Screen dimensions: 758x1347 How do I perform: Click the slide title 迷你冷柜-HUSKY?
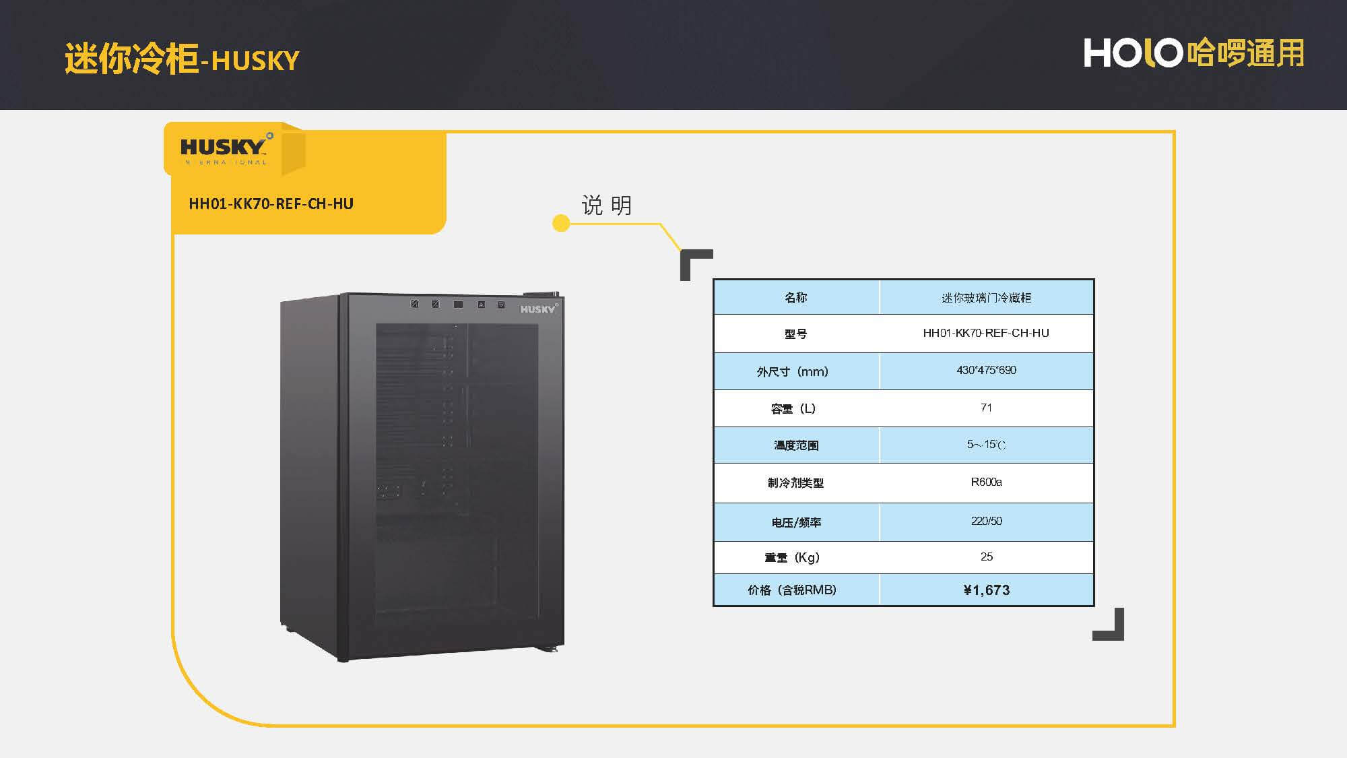tap(182, 59)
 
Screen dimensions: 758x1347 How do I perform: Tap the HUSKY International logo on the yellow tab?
tap(225, 150)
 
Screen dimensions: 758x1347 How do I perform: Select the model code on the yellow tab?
tap(271, 203)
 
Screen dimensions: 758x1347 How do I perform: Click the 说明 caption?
tap(606, 205)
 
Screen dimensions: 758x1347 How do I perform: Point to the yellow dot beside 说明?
tap(560, 223)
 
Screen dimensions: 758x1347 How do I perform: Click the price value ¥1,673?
tap(986, 590)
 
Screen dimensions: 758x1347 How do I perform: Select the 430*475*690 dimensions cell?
tap(986, 370)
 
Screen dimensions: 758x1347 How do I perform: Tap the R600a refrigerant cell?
tap(986, 482)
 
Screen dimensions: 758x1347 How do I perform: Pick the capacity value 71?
tap(986, 408)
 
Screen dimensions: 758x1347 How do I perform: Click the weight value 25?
tap(986, 557)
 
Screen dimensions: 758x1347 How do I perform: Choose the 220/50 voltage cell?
tap(986, 521)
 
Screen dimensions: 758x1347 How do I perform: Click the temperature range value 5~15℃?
tap(986, 445)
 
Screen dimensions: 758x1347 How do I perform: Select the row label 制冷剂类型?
tap(795, 482)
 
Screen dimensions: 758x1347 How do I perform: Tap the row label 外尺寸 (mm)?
tap(793, 371)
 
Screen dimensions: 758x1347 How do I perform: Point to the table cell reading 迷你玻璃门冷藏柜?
tap(986, 298)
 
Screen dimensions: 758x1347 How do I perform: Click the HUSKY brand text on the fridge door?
tap(537, 309)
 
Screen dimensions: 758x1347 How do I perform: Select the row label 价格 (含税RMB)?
tap(792, 590)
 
